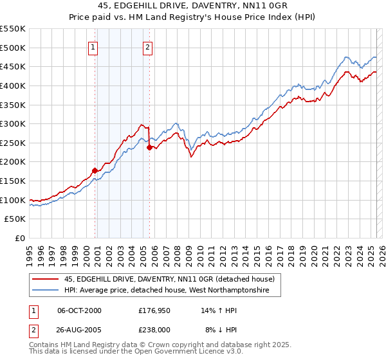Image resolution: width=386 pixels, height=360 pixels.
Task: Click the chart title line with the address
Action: (x=192, y=6)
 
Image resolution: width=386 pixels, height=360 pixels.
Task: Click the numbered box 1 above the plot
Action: (x=94, y=46)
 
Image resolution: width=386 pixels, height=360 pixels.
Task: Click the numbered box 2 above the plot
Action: (x=148, y=46)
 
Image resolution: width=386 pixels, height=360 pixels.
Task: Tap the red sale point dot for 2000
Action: (x=95, y=170)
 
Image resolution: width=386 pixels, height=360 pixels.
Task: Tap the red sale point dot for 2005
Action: (x=149, y=147)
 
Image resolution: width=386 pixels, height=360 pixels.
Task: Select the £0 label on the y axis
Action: (x=19, y=238)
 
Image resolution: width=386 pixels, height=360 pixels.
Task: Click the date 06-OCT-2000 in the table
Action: (x=79, y=310)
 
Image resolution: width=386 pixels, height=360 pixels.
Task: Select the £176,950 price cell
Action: (x=154, y=310)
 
